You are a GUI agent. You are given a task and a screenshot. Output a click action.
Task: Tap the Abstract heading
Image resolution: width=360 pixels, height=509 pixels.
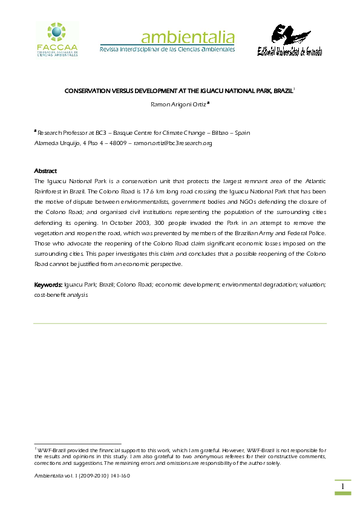(x=45, y=171)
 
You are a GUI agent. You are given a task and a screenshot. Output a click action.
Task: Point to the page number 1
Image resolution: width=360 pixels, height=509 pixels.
(x=342, y=487)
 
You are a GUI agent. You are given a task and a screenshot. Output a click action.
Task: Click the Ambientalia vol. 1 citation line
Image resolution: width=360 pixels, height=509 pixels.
(x=82, y=475)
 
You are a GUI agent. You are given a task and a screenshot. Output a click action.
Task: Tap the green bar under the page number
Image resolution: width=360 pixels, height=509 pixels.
(x=342, y=494)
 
